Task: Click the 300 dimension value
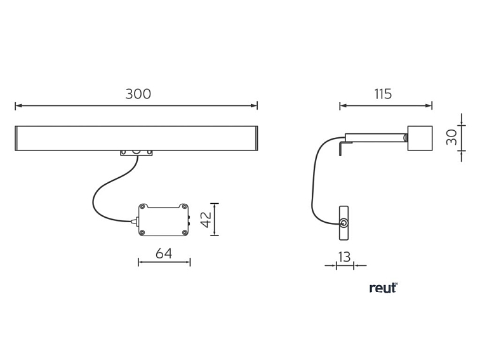click(x=138, y=94)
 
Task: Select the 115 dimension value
click(x=383, y=94)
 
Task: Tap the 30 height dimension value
click(x=451, y=137)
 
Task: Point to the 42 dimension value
click(x=206, y=220)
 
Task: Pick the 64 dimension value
click(x=164, y=253)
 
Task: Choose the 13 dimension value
click(x=344, y=257)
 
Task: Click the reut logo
click(x=383, y=288)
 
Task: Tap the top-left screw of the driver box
click(x=142, y=206)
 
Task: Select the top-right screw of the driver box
click(x=184, y=206)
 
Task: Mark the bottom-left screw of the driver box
click(x=142, y=232)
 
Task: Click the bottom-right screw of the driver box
click(x=184, y=232)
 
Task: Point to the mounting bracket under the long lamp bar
click(x=137, y=153)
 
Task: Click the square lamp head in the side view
click(x=420, y=138)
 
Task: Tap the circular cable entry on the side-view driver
click(x=344, y=223)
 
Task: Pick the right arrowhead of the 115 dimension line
click(x=429, y=105)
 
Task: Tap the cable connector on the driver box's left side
click(x=135, y=220)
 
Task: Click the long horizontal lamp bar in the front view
click(x=137, y=138)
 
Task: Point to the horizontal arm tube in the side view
click(x=376, y=137)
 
